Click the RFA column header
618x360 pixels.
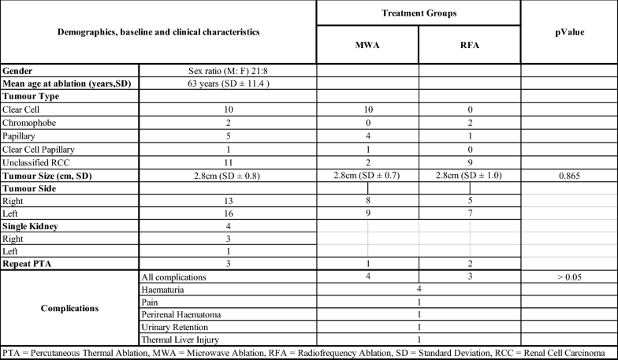pyautogui.click(x=469, y=45)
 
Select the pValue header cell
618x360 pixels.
pyautogui.click(x=568, y=32)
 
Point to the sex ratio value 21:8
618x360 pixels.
pyautogui.click(x=227, y=70)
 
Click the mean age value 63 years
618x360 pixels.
pyautogui.click(x=227, y=83)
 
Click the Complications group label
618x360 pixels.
pyautogui.click(x=69, y=307)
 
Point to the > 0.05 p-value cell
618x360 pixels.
pyautogui.click(x=568, y=276)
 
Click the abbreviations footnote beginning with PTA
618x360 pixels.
pyautogui.click(x=308, y=352)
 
